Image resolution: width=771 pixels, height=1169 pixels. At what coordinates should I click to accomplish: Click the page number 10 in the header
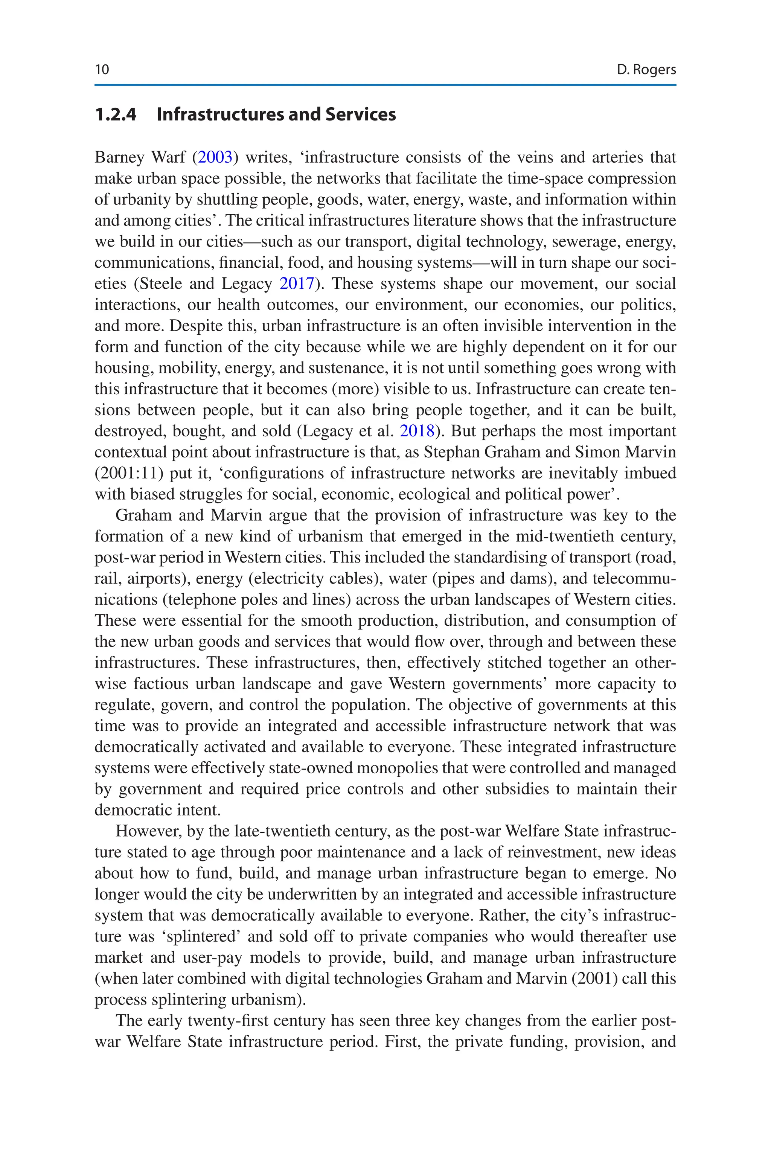[x=102, y=69]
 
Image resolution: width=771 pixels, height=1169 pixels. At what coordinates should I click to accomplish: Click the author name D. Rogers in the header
[x=646, y=70]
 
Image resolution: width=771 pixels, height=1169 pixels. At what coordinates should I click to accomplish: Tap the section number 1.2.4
[x=116, y=114]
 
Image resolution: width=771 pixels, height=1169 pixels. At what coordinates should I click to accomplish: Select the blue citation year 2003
[x=215, y=157]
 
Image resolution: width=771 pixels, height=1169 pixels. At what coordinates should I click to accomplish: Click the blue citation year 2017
[x=297, y=283]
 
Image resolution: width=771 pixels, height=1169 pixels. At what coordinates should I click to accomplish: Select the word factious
[x=161, y=684]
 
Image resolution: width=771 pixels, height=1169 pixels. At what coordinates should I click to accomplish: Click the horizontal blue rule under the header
[x=385, y=85]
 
